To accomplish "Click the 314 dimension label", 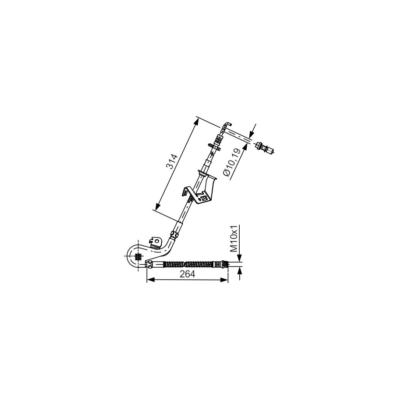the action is [172, 161].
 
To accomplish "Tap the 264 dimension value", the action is [187, 274].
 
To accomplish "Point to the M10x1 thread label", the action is [234, 238].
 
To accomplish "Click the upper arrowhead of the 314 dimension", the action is [196, 123].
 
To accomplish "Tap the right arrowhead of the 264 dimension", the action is [224, 280].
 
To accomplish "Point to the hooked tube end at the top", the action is [227, 126].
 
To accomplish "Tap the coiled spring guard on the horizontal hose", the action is [188, 264].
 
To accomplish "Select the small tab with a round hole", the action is [156, 241].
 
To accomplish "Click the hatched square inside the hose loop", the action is [138, 256].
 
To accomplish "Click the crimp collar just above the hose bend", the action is [174, 234].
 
